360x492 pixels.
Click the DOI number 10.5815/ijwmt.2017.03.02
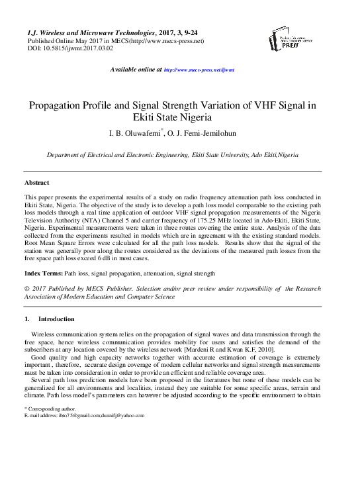tap(70, 48)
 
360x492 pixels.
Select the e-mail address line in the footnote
tap(83, 415)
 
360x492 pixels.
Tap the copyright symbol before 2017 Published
tap(26, 289)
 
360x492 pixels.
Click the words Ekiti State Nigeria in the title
tap(180, 119)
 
